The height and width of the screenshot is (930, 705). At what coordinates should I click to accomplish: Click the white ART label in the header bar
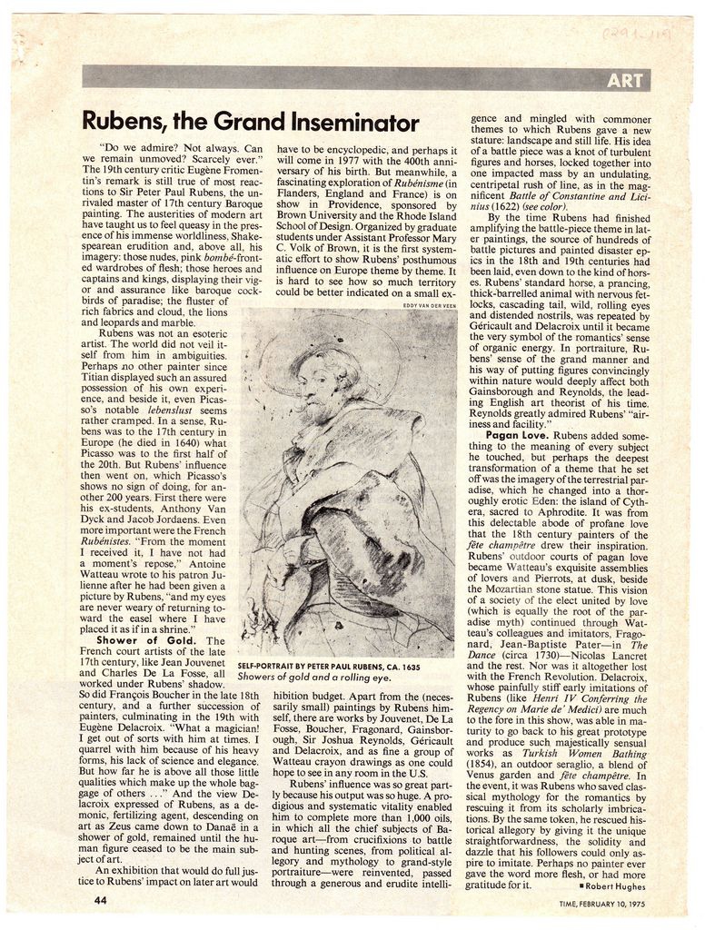pyautogui.click(x=625, y=80)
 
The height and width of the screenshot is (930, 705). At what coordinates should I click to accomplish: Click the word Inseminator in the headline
pyautogui.click(x=352, y=123)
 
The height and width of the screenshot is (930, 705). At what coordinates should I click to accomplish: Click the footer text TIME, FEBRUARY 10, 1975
pyautogui.click(x=601, y=903)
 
